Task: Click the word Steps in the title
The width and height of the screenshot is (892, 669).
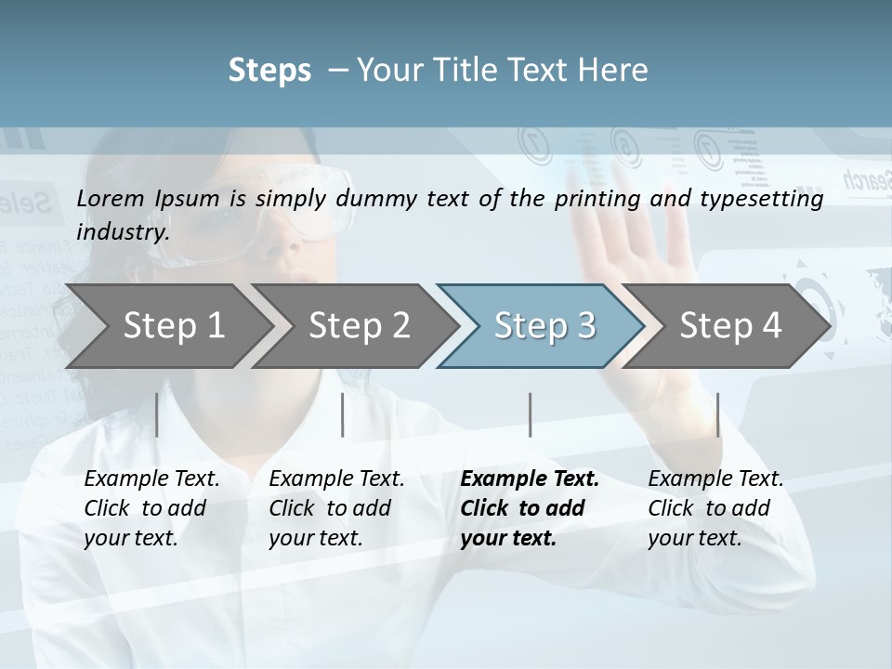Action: pos(269,70)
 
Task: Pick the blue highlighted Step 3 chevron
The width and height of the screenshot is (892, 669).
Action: pos(544,326)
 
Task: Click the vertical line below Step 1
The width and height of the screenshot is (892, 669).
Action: pos(157,414)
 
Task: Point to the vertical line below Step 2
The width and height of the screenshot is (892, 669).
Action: pos(343,414)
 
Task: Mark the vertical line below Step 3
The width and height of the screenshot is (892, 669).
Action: pos(530,414)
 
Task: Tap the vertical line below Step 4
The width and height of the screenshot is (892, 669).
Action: pos(717,414)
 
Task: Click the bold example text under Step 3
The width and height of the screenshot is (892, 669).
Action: pos(529,508)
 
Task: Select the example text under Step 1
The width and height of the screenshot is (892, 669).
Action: pos(151,508)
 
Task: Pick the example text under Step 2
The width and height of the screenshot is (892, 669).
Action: pos(336,508)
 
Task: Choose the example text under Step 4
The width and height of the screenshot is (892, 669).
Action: pos(715,508)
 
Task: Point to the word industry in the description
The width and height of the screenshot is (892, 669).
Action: pos(122,231)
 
